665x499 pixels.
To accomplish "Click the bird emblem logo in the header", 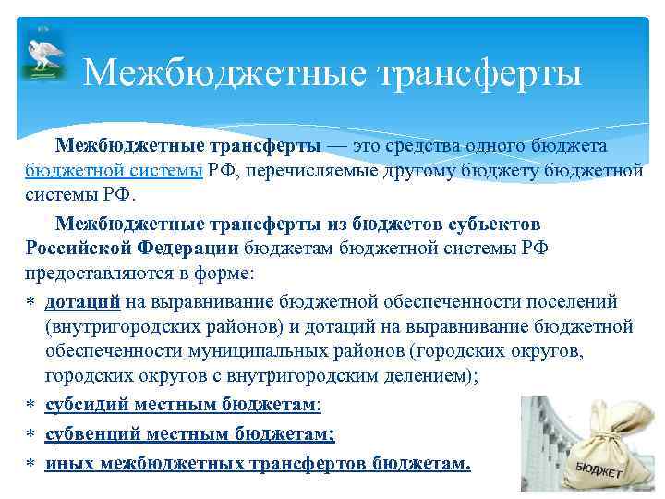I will (x=42, y=57).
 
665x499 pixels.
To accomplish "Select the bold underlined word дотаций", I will (x=82, y=301).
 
